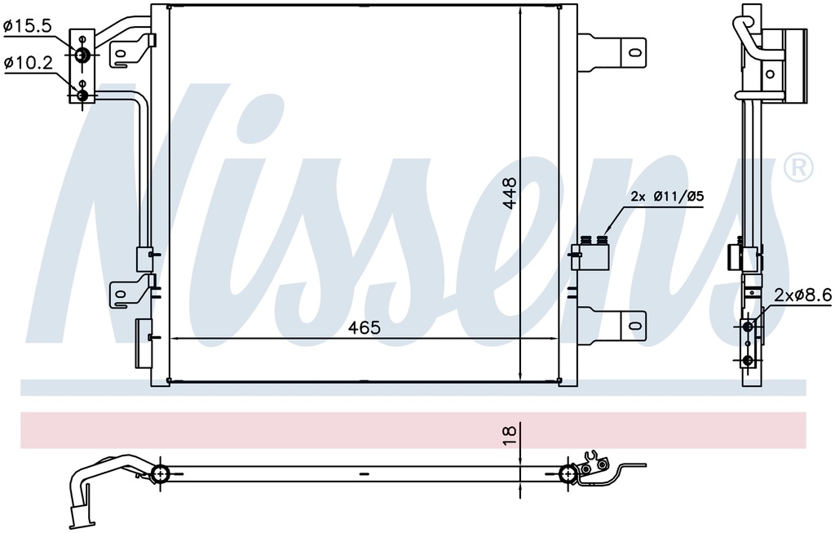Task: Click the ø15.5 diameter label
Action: click(x=28, y=26)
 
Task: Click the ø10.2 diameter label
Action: click(x=28, y=61)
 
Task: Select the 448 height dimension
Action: click(x=510, y=193)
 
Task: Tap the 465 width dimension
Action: click(x=364, y=328)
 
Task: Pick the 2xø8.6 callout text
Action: click(x=802, y=295)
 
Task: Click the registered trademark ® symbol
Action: click(x=797, y=167)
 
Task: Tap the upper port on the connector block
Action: click(x=82, y=56)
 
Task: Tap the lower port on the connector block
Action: click(x=82, y=96)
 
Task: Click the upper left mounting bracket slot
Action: click(x=121, y=55)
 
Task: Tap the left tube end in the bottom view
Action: click(x=160, y=473)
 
